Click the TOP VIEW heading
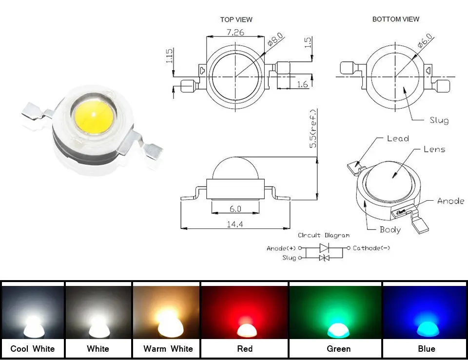coord(236,19)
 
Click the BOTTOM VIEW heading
coord(396,19)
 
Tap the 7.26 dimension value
coord(235,32)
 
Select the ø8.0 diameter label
coord(275,39)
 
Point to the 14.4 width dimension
coord(235,224)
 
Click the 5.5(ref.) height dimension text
coord(313,129)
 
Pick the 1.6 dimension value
coord(302,84)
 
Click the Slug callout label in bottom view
coord(439,120)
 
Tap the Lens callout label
coord(434,149)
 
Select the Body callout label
coord(390,229)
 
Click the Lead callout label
coord(398,138)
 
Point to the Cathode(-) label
coord(371,248)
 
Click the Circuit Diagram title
coord(324,235)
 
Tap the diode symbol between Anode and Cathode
coord(324,248)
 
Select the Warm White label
coord(168,349)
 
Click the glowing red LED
coord(247,329)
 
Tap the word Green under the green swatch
coord(338,349)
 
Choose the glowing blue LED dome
coord(428,329)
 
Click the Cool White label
coord(33,349)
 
